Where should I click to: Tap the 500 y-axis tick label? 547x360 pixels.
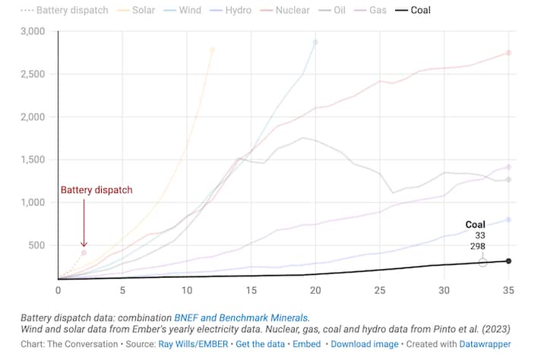tap(36, 245)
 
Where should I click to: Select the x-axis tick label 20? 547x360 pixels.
tap(315, 289)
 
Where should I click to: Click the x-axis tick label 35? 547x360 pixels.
tap(508, 289)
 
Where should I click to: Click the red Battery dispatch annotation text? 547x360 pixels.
tap(96, 190)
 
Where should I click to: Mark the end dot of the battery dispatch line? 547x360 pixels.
tap(84, 252)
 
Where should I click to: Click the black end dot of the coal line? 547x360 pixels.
tap(508, 261)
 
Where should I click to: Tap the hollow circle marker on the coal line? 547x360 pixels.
tap(482, 262)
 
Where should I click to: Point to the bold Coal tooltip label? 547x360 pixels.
tap(475, 225)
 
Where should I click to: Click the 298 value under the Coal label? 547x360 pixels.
tap(477, 248)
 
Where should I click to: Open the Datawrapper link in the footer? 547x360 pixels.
tap(485, 343)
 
